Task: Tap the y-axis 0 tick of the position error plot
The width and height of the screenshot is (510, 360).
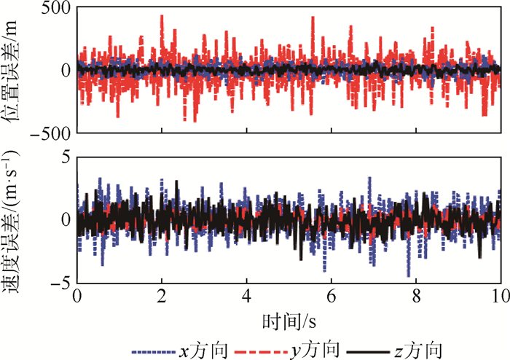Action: tap(65, 71)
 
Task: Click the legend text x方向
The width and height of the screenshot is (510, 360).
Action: tap(201, 348)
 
